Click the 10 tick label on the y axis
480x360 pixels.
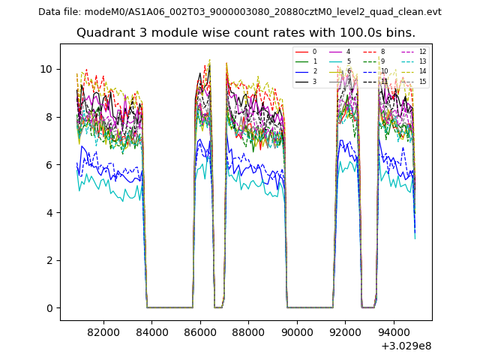click(x=46, y=69)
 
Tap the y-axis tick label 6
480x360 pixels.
click(x=49, y=165)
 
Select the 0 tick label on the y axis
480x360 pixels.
click(x=49, y=308)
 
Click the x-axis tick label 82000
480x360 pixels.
click(x=103, y=331)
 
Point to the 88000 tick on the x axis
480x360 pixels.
click(x=248, y=331)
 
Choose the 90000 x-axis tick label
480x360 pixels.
click(x=296, y=331)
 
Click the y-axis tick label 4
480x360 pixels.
click(x=49, y=213)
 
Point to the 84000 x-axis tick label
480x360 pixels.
click(x=151, y=331)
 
